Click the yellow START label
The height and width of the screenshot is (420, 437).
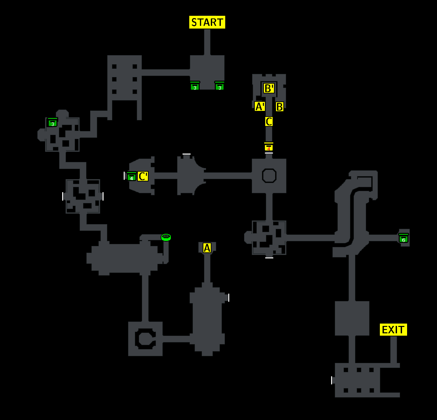(x=207, y=22)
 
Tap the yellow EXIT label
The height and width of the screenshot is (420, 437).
(x=393, y=330)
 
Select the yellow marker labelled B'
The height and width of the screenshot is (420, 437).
(x=269, y=88)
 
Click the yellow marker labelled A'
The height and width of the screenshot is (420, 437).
(x=260, y=106)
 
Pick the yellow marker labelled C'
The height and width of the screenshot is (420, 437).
(x=143, y=176)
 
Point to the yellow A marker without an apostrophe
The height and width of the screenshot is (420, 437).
(x=207, y=248)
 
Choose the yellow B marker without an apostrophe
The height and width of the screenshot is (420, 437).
(x=279, y=107)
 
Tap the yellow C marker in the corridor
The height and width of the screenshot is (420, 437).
(x=269, y=121)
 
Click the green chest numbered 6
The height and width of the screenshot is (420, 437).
(x=403, y=238)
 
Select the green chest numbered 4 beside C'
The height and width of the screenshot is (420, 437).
(x=131, y=176)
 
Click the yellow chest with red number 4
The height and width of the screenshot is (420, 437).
(x=269, y=147)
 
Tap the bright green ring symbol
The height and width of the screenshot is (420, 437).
(x=166, y=237)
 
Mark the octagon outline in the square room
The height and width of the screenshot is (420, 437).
(x=269, y=169)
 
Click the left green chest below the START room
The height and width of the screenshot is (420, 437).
(x=195, y=86)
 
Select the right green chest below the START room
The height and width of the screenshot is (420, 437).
(x=220, y=86)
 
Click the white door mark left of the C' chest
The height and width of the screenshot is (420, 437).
(x=124, y=176)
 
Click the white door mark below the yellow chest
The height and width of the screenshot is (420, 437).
(x=269, y=153)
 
